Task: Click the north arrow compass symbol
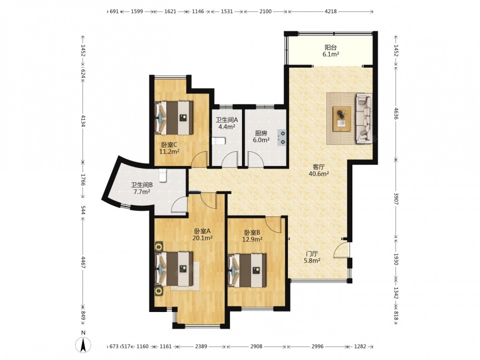tap(83, 345)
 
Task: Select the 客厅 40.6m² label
tap(319, 170)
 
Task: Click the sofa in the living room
tap(364, 119)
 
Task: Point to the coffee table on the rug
tap(342, 119)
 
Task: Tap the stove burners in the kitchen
tap(282, 137)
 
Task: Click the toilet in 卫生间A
tap(218, 141)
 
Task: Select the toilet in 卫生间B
tap(163, 176)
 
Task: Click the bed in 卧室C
tap(174, 118)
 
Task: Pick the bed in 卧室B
tap(247, 270)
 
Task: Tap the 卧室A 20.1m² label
tap(203, 235)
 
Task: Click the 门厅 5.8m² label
tap(312, 257)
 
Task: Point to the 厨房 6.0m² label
tap(261, 136)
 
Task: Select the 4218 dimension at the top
tap(331, 12)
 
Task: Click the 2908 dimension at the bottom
tap(256, 346)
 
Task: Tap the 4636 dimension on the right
tap(396, 113)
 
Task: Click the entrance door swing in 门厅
tap(341, 249)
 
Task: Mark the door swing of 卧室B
tap(274, 225)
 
